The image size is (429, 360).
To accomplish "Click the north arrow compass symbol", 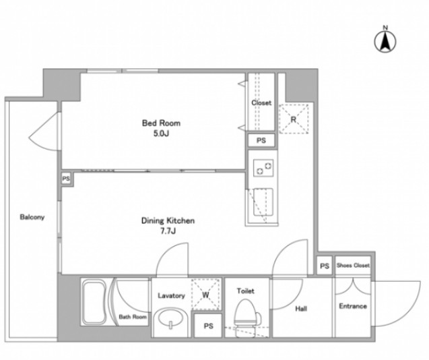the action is (385, 41).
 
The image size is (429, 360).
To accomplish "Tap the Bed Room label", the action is (161, 123).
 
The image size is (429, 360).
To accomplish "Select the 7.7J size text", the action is (168, 231).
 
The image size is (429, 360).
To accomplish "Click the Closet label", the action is (261, 103).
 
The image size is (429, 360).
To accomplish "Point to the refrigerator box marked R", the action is (294, 119).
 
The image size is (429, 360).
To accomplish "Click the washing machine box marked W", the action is (206, 295).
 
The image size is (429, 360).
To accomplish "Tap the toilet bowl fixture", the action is (246, 315).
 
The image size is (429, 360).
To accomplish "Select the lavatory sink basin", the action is (170, 319).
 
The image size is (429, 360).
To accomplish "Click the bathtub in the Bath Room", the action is (94, 301).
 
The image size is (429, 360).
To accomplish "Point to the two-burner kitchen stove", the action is (263, 169).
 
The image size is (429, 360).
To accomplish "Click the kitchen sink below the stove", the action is (263, 202).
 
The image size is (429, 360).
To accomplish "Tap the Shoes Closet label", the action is (353, 265).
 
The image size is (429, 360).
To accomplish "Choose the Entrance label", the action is (353, 306).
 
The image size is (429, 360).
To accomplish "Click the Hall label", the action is (301, 309).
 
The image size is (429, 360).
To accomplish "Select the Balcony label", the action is (32, 217).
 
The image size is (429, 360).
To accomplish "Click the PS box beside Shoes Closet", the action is (325, 266).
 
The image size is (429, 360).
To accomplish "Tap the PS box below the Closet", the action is (261, 140).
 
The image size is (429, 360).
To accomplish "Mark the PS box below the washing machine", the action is (208, 326).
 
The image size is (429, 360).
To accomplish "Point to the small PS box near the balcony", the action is (66, 179).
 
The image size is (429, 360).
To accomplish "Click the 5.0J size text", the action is (161, 133).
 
